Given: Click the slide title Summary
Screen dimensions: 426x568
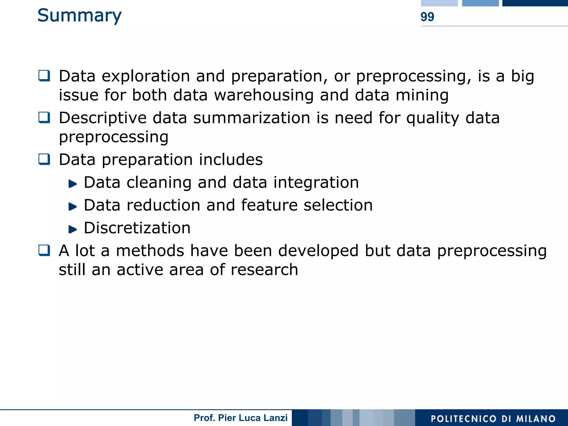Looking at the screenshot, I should coord(79,16).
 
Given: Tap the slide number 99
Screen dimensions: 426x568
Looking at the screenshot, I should coord(427,17).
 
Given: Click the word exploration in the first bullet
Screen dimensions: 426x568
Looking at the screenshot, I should coord(146,76).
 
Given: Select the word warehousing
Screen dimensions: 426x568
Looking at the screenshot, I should coord(264,95).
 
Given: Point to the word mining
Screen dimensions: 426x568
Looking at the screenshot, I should coord(422,95).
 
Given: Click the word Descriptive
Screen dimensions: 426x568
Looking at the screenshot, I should coord(103,118).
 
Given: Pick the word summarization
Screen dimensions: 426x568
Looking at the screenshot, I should coord(252,118).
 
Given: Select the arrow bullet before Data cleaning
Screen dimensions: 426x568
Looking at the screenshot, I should coord(72,184).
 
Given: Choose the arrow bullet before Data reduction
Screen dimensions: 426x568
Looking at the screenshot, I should coord(72,207).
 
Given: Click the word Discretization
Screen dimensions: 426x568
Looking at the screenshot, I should coord(137,228).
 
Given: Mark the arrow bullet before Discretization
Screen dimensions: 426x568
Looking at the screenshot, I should coord(72,229).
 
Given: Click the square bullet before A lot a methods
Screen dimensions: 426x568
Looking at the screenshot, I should coord(44,250).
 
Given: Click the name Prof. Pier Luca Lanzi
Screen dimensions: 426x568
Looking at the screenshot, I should coord(240,418).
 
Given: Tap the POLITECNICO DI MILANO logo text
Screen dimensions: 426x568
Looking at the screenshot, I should coord(493,419).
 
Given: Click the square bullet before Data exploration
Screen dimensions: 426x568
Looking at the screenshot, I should coord(44,76).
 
